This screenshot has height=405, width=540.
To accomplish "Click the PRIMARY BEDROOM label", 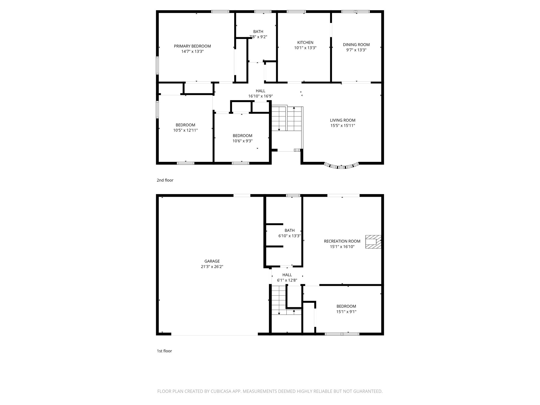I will click(x=192, y=46).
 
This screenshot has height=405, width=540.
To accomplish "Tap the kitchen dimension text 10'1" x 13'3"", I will click(x=305, y=48).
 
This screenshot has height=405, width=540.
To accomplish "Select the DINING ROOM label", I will click(x=356, y=45).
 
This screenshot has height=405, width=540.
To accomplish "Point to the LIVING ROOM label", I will click(x=343, y=120).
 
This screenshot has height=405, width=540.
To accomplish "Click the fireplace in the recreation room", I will click(x=373, y=242).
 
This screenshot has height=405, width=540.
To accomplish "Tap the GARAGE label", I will click(x=212, y=261).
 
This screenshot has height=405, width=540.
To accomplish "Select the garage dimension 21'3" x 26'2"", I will click(x=212, y=267).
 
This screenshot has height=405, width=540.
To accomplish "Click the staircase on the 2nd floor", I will click(x=287, y=119).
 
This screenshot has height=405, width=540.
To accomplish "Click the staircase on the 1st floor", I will click(x=279, y=301).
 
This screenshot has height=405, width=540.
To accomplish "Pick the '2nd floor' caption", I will click(x=165, y=180).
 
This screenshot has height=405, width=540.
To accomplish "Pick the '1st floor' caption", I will click(x=164, y=351).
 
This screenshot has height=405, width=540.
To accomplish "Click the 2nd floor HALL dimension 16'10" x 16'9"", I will click(x=260, y=96).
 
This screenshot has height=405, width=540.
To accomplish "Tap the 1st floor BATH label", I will click(x=290, y=230).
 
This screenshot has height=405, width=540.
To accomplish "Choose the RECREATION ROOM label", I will click(x=342, y=241).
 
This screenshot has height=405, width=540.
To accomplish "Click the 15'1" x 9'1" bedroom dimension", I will click(x=346, y=311).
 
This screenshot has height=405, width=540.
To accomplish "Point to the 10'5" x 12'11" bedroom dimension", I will click(x=185, y=130).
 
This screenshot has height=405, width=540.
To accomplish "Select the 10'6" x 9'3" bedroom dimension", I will click(x=242, y=141).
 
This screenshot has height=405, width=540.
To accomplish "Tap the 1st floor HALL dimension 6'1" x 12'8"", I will click(x=287, y=280).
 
